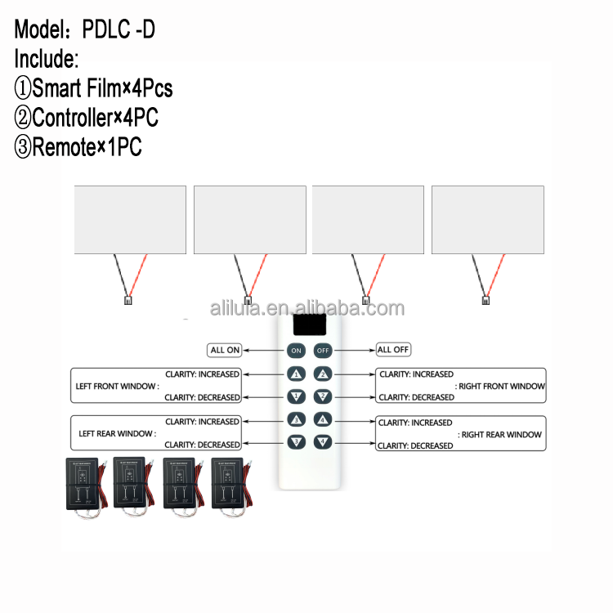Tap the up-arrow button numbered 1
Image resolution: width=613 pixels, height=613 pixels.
coord(296,375)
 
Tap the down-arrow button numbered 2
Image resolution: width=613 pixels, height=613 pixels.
coord(324,397)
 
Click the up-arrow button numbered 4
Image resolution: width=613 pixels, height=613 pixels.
coord(324,419)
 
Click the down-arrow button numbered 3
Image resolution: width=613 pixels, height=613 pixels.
coord(296,442)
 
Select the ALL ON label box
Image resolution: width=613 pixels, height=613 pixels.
coord(225,350)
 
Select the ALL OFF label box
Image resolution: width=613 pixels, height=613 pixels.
coord(393,350)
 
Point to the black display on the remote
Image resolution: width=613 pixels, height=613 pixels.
coord(310,325)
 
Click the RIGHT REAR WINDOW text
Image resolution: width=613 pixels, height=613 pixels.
coord(501,435)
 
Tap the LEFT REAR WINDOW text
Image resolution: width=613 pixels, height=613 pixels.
coord(116,433)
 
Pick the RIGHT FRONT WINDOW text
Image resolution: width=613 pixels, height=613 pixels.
coord(501,386)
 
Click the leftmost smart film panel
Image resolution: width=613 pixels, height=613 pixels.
coord(130,219)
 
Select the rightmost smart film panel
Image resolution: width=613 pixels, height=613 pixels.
coord(488,219)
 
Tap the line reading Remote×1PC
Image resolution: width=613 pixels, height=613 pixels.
coord(78,148)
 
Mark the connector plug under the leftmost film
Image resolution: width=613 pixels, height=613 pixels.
coord(128,300)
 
